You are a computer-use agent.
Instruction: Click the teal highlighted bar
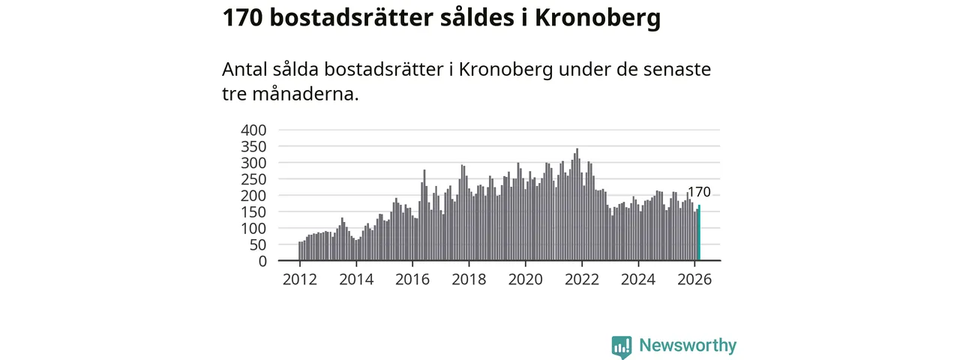pyautogui.click(x=699, y=233)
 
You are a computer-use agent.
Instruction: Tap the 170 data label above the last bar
pyautogui.click(x=699, y=193)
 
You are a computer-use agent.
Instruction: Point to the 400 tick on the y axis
pyautogui.click(x=253, y=130)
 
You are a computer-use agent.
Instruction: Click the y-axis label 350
pyautogui.click(x=253, y=147)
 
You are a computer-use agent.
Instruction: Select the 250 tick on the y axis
pyautogui.click(x=253, y=179)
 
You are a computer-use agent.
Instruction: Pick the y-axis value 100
pyautogui.click(x=253, y=228)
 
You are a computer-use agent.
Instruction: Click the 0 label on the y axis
pyautogui.click(x=262, y=261)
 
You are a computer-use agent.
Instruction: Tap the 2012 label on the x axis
pyautogui.click(x=300, y=280)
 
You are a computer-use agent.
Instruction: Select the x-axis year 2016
pyautogui.click(x=412, y=280)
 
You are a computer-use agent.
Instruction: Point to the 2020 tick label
pyautogui.click(x=525, y=280)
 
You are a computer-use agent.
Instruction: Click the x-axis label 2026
pyautogui.click(x=694, y=280)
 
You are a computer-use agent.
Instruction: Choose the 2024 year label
pyautogui.click(x=638, y=280)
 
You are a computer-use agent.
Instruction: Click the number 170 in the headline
pyautogui.click(x=241, y=17)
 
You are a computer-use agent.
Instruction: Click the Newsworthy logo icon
pyautogui.click(x=621, y=346)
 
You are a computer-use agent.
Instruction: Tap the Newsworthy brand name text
pyautogui.click(x=688, y=346)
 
